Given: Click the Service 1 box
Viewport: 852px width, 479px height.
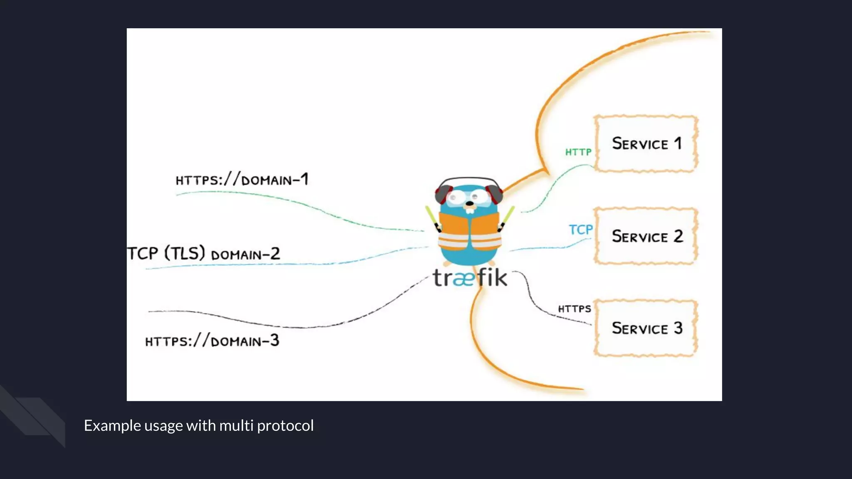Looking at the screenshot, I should point(646,144).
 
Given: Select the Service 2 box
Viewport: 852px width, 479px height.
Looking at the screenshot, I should point(646,236).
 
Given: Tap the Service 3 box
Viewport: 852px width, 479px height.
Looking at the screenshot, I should point(646,328).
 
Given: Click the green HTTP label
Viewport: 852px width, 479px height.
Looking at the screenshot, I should point(578,152).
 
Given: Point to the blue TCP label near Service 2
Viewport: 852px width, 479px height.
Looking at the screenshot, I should point(581,230).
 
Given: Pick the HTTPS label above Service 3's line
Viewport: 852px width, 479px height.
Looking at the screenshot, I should point(575,309).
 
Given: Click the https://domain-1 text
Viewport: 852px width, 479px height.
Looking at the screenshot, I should point(242,180).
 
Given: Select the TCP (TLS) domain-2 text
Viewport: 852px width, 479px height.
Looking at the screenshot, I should point(204,253).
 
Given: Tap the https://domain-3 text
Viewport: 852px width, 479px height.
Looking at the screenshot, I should point(212,341).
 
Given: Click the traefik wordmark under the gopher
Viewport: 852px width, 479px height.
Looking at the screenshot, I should point(470,278).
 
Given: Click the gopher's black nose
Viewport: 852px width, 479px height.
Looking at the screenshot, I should point(470,204).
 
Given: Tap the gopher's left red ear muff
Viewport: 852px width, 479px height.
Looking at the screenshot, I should point(443,194).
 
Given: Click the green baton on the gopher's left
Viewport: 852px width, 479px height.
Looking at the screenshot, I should point(431,216).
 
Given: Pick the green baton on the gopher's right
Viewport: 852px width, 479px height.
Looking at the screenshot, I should point(508,216).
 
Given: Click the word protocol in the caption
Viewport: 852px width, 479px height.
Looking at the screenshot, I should point(285,426).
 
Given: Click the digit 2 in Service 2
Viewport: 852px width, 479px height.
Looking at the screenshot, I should point(679,236).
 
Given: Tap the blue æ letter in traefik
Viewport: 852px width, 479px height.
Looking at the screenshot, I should point(463,279).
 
